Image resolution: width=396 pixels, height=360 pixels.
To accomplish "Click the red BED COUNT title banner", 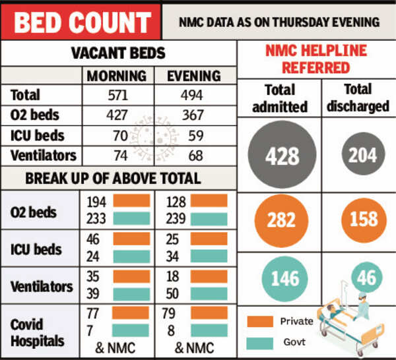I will click(81, 22).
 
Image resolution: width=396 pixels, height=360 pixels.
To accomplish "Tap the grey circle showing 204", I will click(363, 155).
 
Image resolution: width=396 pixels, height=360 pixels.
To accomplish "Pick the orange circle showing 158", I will click(363, 219).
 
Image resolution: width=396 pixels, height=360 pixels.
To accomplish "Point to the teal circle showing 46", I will click(363, 278).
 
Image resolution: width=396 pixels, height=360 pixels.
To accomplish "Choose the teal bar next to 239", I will click(208, 220).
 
